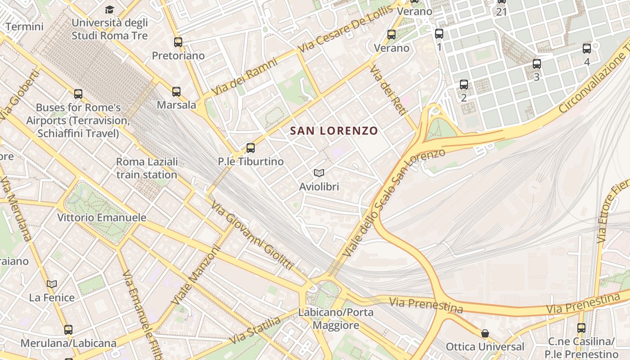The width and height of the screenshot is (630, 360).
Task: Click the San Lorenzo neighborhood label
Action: (334, 131)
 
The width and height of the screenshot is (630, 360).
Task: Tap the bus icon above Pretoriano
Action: (178, 42)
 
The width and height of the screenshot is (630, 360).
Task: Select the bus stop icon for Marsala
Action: (176, 92)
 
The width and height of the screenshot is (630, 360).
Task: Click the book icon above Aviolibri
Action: (319, 173)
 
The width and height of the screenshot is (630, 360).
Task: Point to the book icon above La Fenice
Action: (52, 284)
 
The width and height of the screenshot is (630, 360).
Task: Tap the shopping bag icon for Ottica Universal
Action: (485, 333)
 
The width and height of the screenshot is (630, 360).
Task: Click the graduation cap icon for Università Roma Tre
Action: (109, 9)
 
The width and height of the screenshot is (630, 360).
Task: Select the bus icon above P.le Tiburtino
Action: (251, 148)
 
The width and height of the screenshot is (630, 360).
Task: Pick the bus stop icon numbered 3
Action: (536, 64)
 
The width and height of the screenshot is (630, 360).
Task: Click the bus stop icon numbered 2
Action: (464, 84)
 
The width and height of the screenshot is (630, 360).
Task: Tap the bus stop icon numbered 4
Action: (587, 49)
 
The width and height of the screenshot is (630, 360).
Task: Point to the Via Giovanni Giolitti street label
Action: (252, 236)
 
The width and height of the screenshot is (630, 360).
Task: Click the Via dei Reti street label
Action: (388, 90)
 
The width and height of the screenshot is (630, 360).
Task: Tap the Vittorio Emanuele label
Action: (102, 218)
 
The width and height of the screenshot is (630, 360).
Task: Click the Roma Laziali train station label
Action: (147, 168)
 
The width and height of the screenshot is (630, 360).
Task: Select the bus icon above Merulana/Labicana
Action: (68, 330)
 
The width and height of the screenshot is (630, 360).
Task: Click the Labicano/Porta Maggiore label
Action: (336, 319)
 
